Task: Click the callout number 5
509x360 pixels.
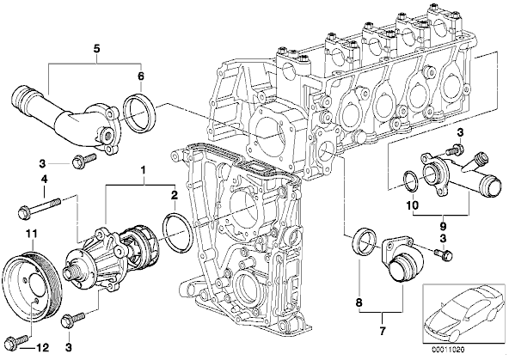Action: [x=96, y=49]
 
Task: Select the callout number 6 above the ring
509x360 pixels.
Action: [x=140, y=76]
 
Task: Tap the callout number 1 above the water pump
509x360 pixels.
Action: [x=143, y=169]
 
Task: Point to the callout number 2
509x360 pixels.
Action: [x=175, y=195]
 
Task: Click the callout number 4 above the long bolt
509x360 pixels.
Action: [x=44, y=179]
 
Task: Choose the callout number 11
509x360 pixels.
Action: [x=32, y=234]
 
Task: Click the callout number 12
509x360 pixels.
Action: [x=41, y=348]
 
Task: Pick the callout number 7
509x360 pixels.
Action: [x=382, y=331]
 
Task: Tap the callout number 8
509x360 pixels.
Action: [x=359, y=303]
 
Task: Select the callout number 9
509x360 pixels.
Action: [x=443, y=225]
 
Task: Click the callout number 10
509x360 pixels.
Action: [x=412, y=205]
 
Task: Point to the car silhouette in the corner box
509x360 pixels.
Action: [x=463, y=313]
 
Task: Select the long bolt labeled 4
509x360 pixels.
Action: [x=40, y=208]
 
